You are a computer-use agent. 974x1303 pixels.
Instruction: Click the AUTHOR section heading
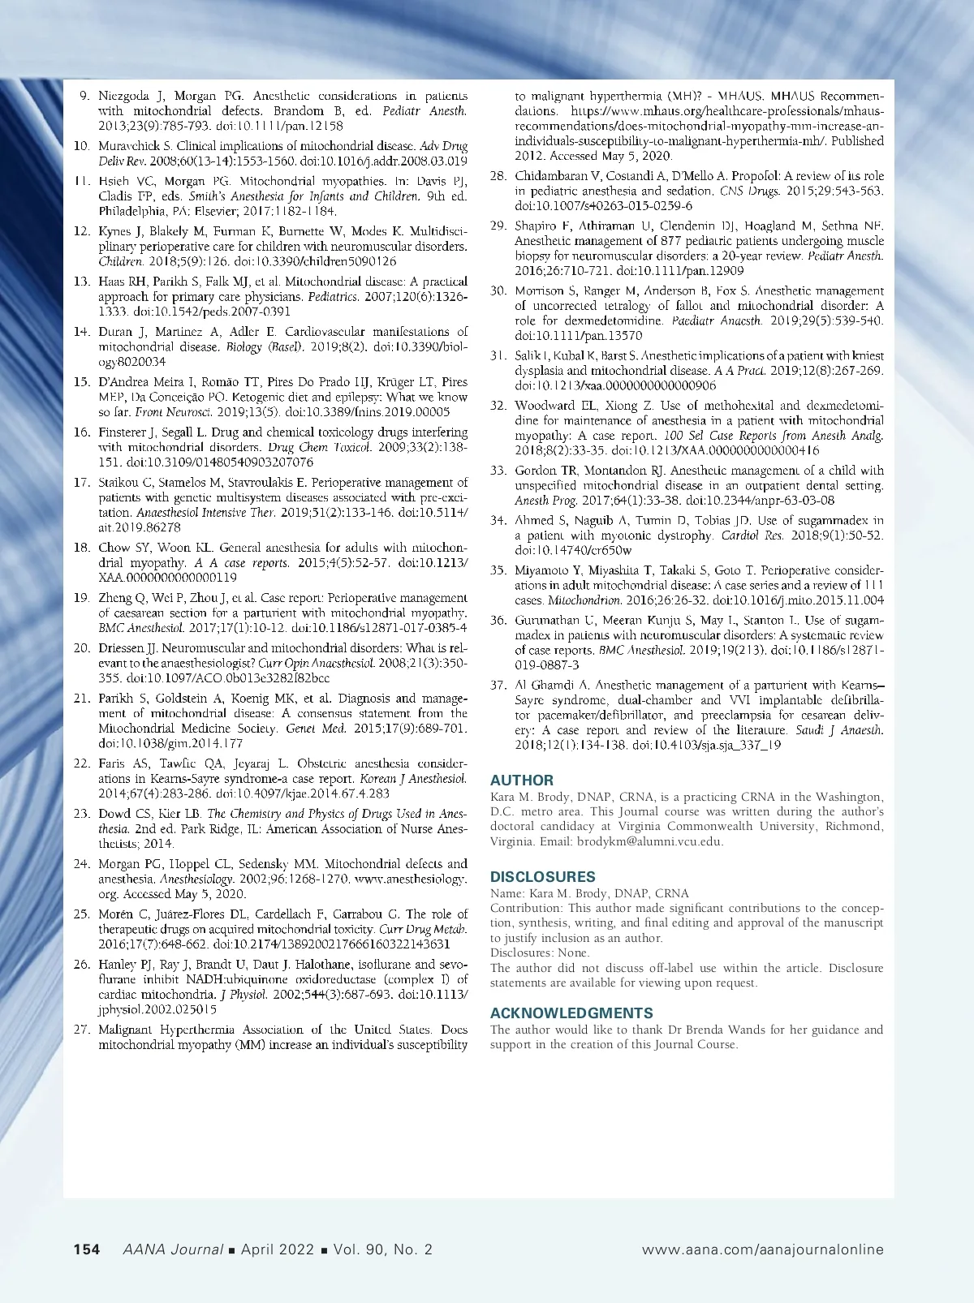pyautogui.click(x=522, y=781)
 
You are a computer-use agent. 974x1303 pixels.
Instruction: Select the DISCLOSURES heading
pyautogui.click(x=542, y=877)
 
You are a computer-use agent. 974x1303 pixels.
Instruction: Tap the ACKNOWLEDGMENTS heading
pyautogui.click(x=571, y=1013)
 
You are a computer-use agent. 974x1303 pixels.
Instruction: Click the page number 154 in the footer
pyautogui.click(x=87, y=1249)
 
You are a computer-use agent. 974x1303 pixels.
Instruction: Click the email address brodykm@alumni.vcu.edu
pyautogui.click(x=649, y=841)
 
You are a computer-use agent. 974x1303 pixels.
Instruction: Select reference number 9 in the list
pyautogui.click(x=84, y=96)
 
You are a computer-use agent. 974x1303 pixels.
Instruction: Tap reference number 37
pyautogui.click(x=498, y=685)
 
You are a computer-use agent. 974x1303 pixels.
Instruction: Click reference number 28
pyautogui.click(x=498, y=176)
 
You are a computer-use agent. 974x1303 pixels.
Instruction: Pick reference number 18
pyautogui.click(x=81, y=548)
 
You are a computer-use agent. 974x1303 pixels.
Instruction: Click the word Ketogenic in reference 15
pyautogui.click(x=264, y=398)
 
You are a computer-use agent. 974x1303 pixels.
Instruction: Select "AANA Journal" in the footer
pyautogui.click(x=172, y=1249)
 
